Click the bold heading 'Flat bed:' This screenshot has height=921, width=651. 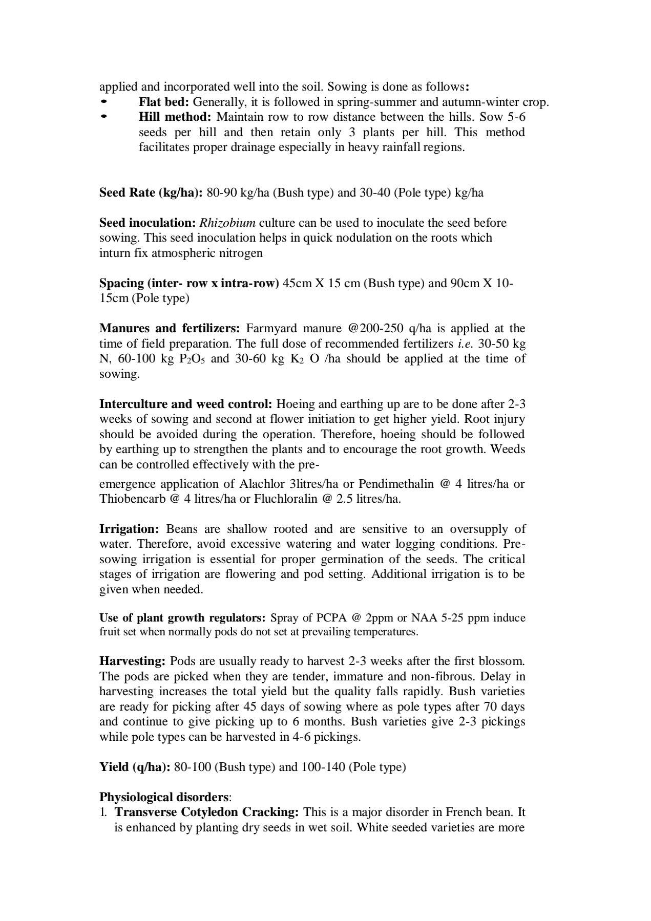click(x=164, y=102)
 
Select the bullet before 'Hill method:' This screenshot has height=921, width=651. click(x=104, y=117)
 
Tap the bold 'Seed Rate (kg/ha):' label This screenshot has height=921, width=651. click(x=151, y=192)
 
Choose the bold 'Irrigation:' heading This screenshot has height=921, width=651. click(x=130, y=529)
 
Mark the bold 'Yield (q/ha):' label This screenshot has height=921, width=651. click(x=135, y=767)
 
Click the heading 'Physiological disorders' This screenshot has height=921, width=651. click(x=163, y=797)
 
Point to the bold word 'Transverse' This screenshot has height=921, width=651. click(x=146, y=812)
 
